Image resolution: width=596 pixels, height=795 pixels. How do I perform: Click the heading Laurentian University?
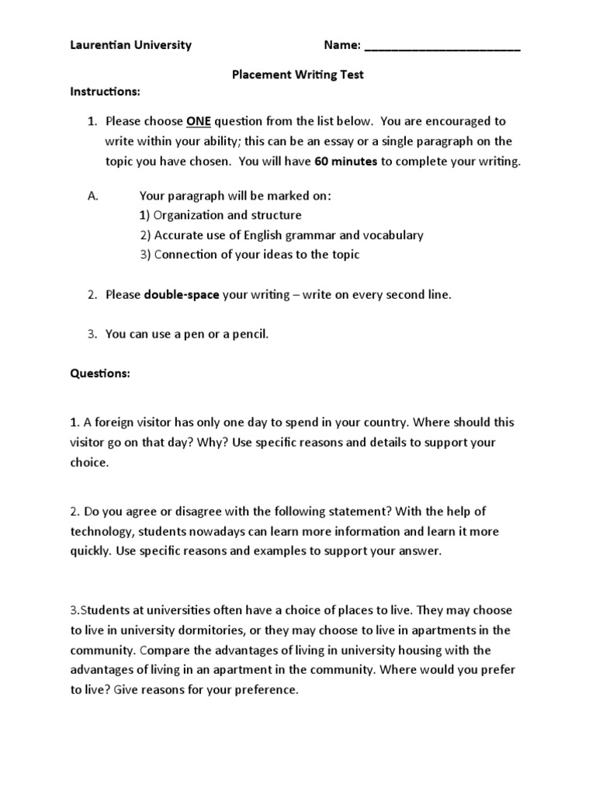(130, 45)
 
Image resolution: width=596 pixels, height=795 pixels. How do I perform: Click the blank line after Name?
(442, 47)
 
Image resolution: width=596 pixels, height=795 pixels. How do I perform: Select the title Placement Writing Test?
(298, 75)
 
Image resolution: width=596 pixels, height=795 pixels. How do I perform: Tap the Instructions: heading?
(106, 92)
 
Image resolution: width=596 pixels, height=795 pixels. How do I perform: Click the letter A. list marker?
(93, 196)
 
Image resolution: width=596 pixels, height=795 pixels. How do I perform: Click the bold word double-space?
(182, 295)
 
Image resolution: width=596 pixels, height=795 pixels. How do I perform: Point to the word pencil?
(250, 335)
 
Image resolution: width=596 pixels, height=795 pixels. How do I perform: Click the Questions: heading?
(100, 373)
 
